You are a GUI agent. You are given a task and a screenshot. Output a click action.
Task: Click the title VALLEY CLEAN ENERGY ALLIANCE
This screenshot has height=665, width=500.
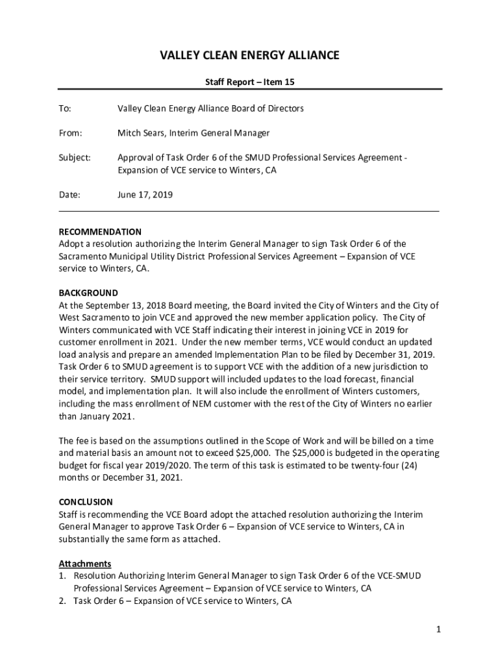pos(250,56)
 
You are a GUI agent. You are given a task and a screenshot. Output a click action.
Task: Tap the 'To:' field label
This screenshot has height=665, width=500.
pos(65,108)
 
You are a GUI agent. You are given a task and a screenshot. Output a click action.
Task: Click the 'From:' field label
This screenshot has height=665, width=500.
pos(70,133)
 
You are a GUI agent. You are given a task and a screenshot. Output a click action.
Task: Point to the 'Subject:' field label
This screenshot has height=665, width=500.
pos(75,158)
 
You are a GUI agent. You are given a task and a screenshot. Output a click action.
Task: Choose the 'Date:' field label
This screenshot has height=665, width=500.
pos(69,195)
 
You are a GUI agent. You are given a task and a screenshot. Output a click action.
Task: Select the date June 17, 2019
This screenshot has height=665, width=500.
pos(145,195)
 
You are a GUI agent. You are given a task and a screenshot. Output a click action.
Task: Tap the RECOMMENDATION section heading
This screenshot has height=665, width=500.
pos(100,232)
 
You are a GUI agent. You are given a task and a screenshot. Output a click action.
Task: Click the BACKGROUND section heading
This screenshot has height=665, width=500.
pos(88,293)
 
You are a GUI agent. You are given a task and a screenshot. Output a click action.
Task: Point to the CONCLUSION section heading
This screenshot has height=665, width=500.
pos(86,502)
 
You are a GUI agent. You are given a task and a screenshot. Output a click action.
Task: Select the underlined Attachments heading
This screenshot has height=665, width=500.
pos(85,563)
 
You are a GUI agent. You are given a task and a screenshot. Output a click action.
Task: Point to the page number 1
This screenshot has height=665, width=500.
pos(439,629)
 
